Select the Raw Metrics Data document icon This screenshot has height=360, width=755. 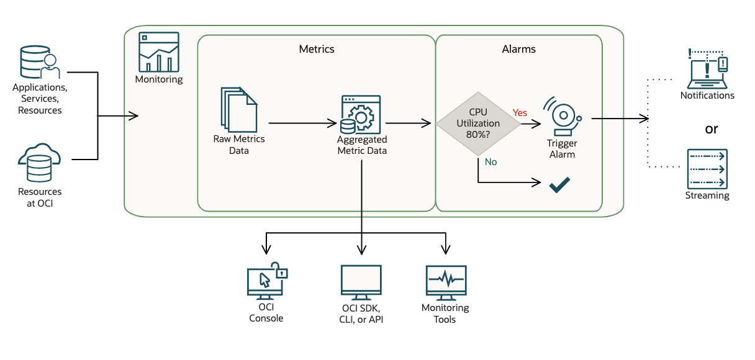pos(238,109)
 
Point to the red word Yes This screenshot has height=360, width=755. pos(520,113)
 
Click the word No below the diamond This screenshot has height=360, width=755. pos(491,162)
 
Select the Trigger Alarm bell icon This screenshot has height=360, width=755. pos(562,116)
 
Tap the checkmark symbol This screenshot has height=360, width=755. pos(559,184)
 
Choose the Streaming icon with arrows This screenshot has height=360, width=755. pos(707,169)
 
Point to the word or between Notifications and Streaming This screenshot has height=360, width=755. pos(711,129)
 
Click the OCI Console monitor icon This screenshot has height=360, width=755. pos(266,283)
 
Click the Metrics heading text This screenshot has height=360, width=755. pos(317,49)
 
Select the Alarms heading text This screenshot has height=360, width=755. pos(518,49)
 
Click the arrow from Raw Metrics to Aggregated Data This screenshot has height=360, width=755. pos(302,123)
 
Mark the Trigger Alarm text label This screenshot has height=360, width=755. pos(562,149)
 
